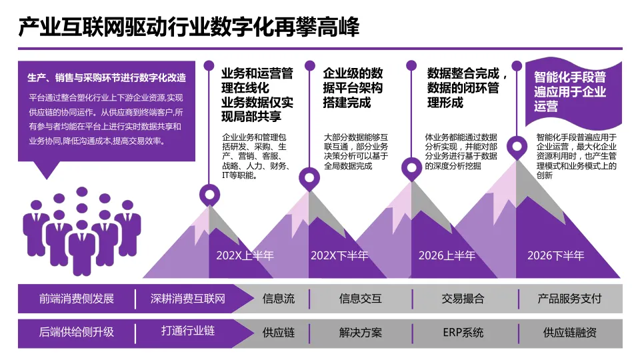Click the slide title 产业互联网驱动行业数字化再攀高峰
coord(188,27)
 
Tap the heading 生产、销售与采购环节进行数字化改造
coord(107,77)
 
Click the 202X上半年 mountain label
coord(245,255)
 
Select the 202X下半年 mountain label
coord(339,255)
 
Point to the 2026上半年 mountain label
coord(447,255)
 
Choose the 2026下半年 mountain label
coord(555,255)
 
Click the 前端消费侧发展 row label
coord(77,299)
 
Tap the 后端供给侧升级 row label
coord(77,332)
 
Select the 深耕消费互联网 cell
coord(188,299)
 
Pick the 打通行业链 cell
coord(188,331)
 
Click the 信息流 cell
coord(278,299)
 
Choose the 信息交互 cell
coord(360,299)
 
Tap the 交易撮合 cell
coord(463,299)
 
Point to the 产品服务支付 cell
coord(569,299)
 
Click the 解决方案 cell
coord(360,332)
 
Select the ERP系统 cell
coord(463,332)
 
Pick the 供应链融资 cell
coord(569,332)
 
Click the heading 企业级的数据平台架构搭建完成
coord(353,87)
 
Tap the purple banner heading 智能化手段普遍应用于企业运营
coord(570,91)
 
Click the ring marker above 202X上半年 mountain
coord(210,195)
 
